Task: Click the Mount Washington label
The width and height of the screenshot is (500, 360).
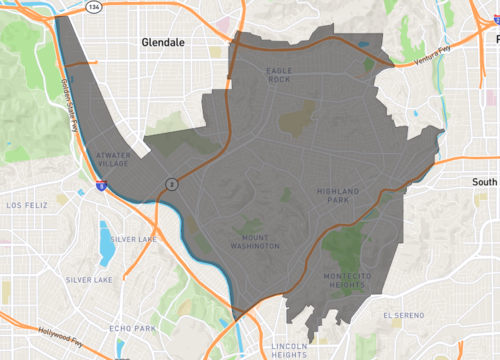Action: click(x=248, y=240)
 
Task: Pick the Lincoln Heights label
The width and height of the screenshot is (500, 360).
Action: click(x=289, y=349)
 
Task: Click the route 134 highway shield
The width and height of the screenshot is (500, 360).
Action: click(x=93, y=8)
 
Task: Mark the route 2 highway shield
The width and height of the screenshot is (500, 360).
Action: click(x=172, y=184)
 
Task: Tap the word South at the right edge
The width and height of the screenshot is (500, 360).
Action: click(x=485, y=183)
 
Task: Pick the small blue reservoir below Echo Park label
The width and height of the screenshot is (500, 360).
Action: click(x=121, y=349)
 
